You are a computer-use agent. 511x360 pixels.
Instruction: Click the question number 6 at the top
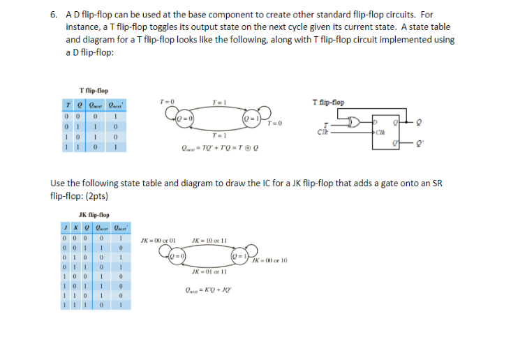(54, 14)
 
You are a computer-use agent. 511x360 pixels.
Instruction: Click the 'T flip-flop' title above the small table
(94, 91)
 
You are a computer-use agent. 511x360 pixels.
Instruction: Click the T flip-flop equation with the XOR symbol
(213, 148)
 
